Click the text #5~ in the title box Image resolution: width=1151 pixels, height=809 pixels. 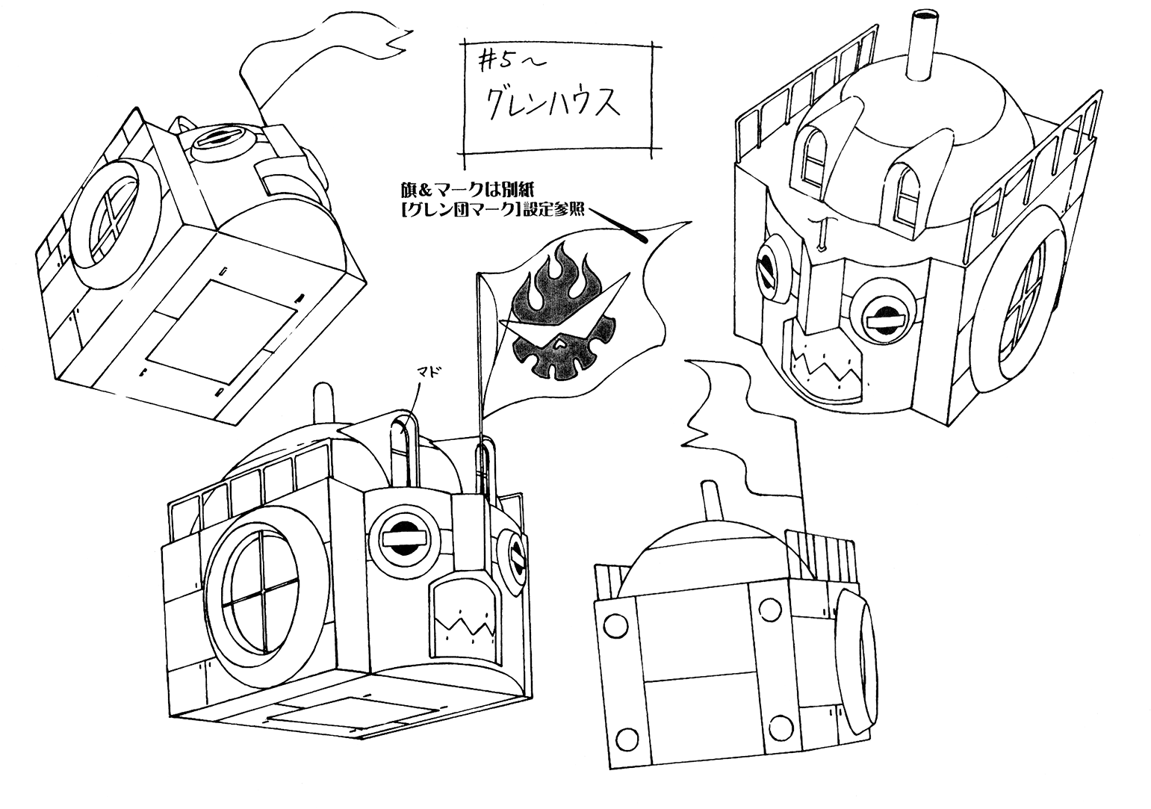click(x=505, y=60)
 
